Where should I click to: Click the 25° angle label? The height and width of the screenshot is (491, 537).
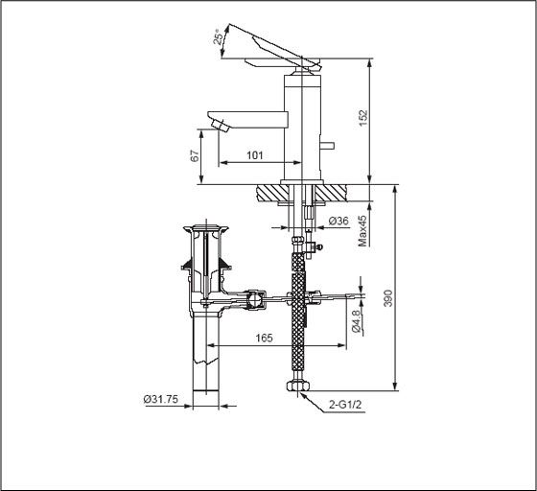coord(220,37)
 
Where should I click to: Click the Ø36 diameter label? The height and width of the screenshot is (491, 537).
coord(338,221)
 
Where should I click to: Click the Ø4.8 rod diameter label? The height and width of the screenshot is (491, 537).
coord(356,319)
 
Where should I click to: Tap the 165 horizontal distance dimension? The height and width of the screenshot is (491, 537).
coord(266,338)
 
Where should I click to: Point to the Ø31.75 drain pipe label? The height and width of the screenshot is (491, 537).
coord(160,401)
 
